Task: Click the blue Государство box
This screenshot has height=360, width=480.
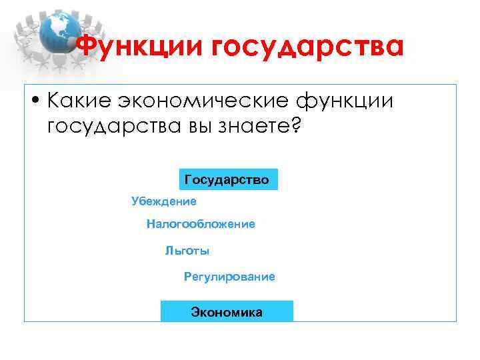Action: pos(229,180)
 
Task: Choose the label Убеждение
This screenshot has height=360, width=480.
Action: pos(164,201)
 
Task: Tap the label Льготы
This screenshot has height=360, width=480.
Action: pos(187,251)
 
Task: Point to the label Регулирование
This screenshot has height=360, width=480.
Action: pos(229,277)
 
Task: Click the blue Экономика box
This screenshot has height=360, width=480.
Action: pos(227,312)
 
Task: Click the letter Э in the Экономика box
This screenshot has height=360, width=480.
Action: pos(195,312)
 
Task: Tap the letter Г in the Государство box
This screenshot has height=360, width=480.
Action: pos(188,180)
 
